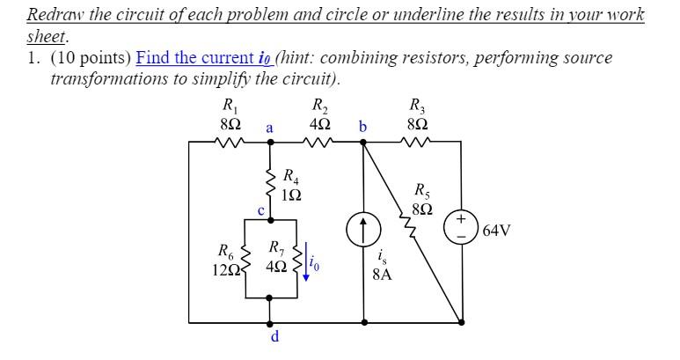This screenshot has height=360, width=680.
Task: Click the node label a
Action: (x=269, y=129)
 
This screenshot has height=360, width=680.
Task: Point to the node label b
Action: (x=362, y=129)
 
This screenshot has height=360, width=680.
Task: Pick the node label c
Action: (x=260, y=209)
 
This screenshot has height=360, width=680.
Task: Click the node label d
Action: (x=274, y=336)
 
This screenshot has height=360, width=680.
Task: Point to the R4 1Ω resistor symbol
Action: (x=270, y=182)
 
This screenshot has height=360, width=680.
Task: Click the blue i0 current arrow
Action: (x=306, y=266)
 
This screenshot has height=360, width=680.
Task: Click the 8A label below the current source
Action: (x=382, y=274)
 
